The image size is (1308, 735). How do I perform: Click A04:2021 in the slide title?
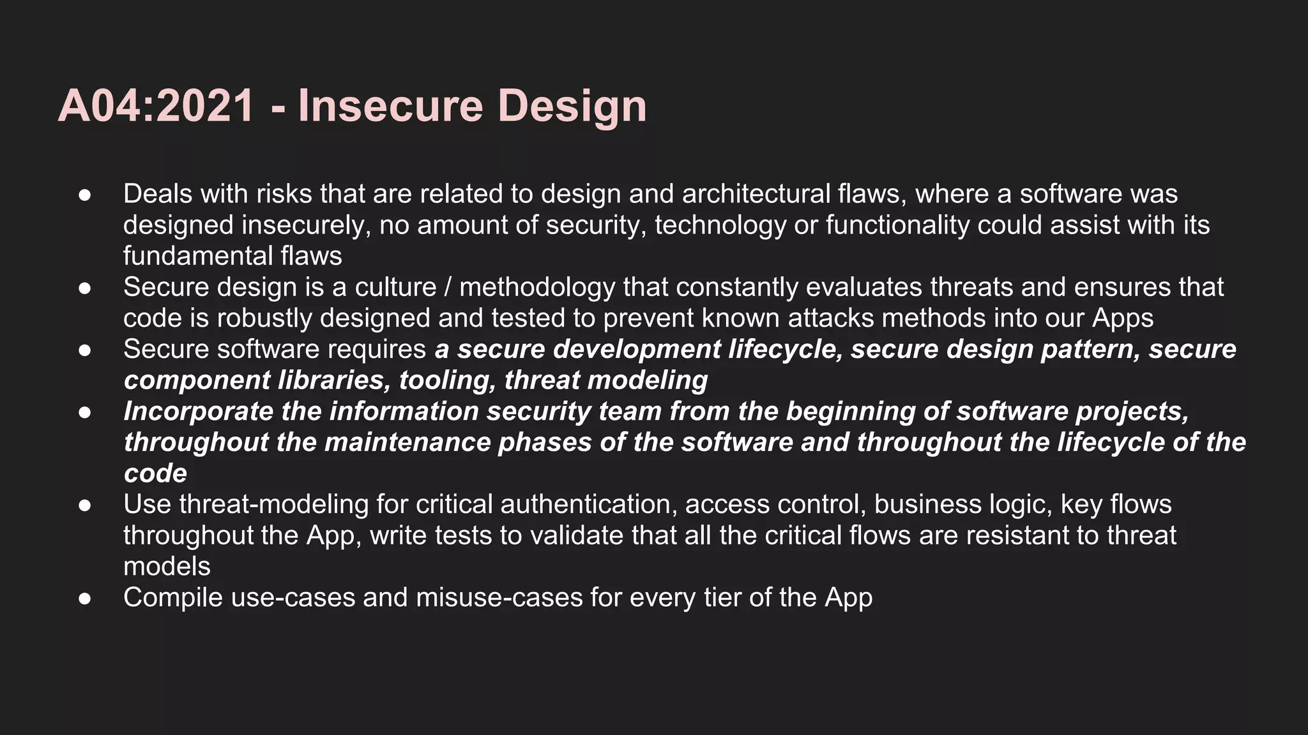(156, 106)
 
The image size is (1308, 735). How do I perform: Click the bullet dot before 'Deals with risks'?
(85, 195)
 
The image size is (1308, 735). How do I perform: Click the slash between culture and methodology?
(448, 288)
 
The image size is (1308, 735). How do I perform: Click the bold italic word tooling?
(447, 381)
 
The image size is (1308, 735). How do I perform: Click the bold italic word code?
(155, 473)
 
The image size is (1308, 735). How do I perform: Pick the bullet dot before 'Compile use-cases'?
(85, 599)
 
